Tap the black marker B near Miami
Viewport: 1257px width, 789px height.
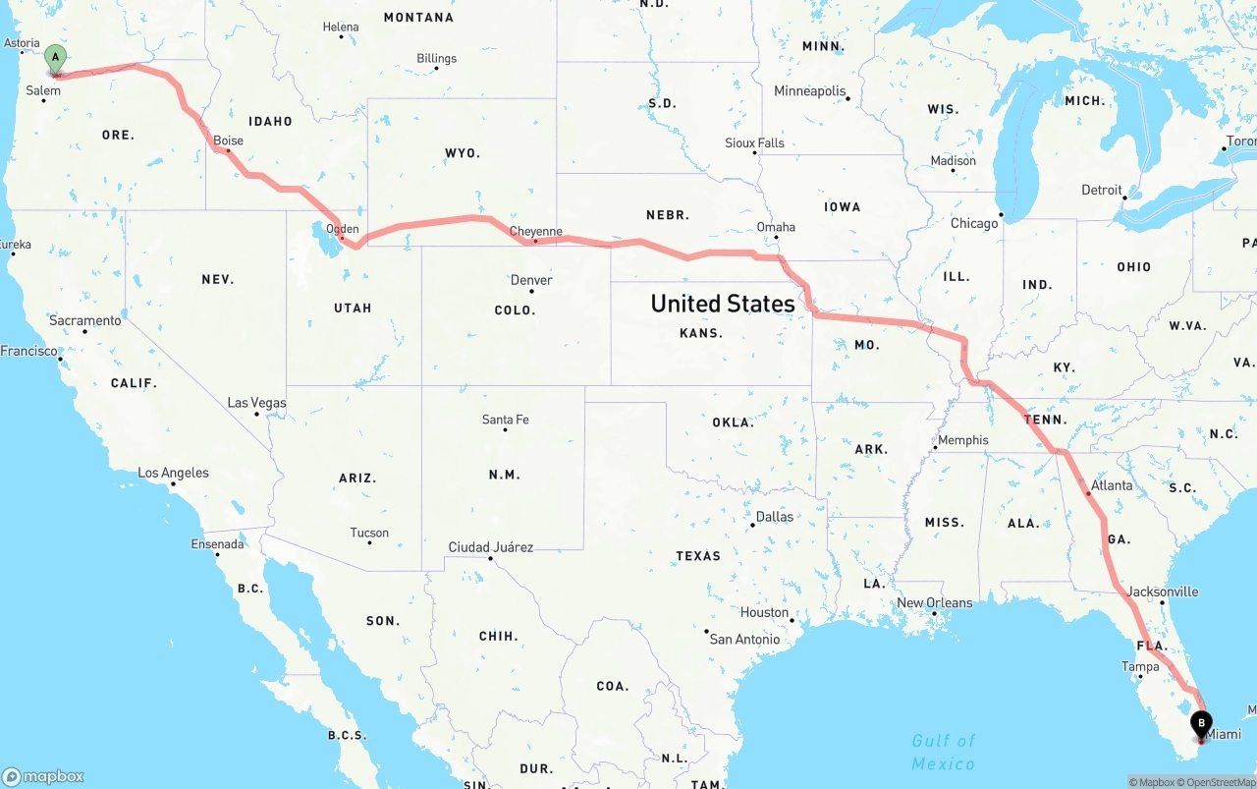pos(1200,725)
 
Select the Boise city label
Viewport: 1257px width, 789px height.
pos(228,141)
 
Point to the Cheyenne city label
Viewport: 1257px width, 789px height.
pos(535,232)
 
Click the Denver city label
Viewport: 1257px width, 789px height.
pos(531,280)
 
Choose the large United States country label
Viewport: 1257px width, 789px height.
pos(723,304)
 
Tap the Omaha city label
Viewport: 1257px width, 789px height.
pos(776,227)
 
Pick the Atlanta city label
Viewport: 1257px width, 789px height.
pos(1112,485)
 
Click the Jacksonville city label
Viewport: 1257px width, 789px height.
pos(1163,592)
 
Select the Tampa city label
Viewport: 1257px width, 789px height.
pos(1140,666)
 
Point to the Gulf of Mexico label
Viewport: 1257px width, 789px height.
pos(944,752)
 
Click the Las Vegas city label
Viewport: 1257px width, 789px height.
pos(256,403)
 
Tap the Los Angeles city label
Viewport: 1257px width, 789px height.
pos(173,473)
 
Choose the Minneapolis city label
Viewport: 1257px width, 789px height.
pos(810,91)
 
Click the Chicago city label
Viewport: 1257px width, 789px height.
pos(974,223)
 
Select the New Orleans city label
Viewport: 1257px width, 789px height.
pos(934,603)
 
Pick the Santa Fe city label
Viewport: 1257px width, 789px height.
pos(505,420)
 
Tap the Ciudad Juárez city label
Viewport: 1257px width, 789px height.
pos(490,547)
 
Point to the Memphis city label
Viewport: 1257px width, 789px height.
pos(963,440)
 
